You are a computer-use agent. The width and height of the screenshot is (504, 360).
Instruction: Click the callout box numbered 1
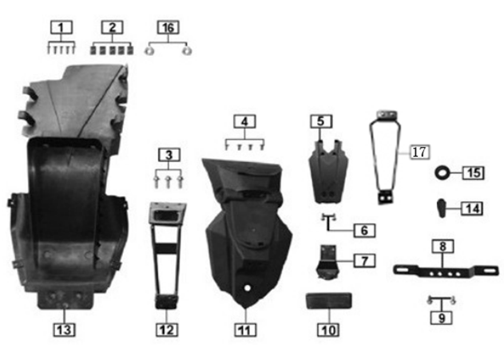(59, 28)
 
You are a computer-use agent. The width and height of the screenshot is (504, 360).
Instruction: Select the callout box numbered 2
(112, 28)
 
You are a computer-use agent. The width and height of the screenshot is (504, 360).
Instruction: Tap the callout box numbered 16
(167, 28)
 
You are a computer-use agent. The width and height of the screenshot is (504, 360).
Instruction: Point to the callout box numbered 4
(246, 123)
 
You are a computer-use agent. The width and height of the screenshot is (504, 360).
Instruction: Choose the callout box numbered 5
(320, 121)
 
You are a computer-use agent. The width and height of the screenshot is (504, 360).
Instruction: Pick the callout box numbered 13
(65, 328)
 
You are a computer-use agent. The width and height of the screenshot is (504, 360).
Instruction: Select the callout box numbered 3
(168, 152)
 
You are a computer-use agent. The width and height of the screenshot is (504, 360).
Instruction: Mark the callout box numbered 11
(246, 328)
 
